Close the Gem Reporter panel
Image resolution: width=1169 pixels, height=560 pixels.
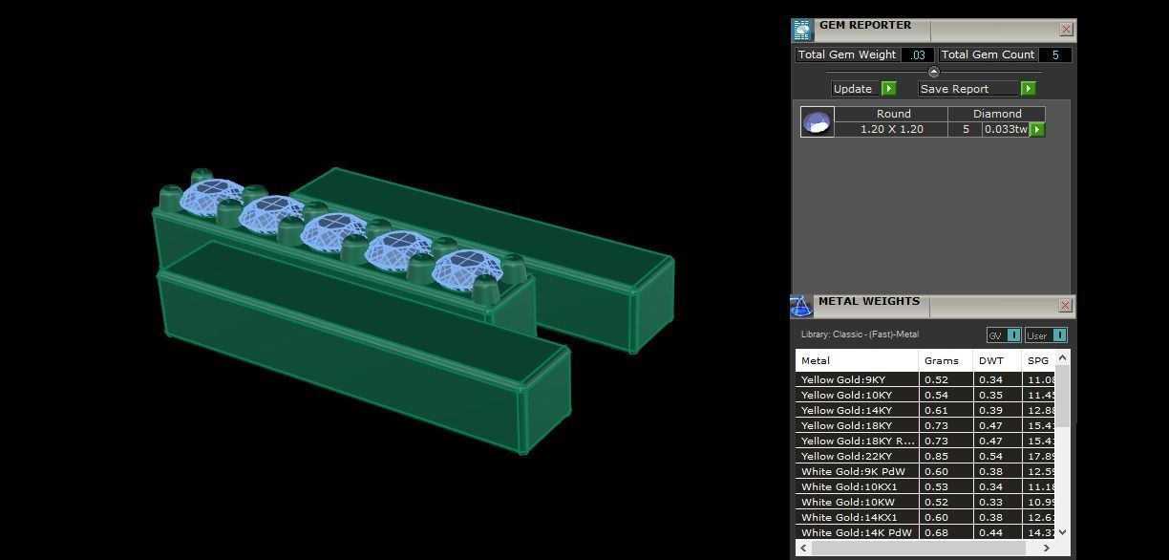point(1066,30)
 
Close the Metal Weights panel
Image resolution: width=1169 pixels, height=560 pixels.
point(1065,306)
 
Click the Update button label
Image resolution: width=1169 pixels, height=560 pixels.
point(853,89)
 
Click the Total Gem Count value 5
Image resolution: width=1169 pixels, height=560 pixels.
point(1054,55)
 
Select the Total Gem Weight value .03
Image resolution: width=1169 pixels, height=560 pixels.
point(918,55)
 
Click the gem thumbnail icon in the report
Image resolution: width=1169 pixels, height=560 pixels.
point(817,122)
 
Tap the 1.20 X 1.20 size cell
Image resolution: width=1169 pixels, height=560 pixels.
point(891,129)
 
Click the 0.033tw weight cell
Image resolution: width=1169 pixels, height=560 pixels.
point(1005,129)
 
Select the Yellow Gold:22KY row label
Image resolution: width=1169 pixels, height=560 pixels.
point(846,456)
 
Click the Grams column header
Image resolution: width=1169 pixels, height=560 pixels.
point(941,360)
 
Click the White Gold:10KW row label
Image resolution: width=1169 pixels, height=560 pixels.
point(847,502)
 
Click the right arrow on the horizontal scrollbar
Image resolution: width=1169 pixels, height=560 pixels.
point(1046,548)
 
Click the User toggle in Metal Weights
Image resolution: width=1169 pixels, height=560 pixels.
point(1045,335)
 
